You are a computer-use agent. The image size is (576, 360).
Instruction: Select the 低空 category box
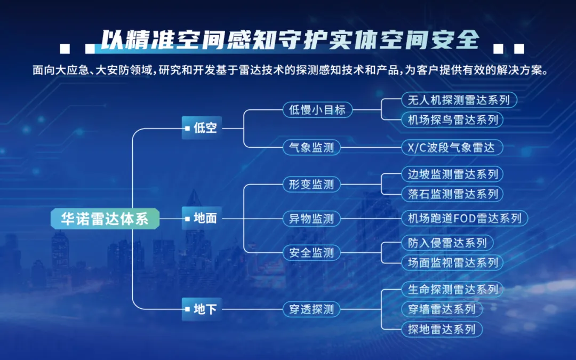202,128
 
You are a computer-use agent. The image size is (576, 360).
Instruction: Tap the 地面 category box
202,218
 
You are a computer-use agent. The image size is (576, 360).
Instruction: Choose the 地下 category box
202,309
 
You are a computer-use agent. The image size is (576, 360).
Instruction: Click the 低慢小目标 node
317,110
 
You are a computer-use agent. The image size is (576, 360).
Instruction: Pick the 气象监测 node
311,147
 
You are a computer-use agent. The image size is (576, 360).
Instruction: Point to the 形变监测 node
311,185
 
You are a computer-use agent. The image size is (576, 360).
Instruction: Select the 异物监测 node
311,218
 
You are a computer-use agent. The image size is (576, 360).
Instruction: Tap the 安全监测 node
311,252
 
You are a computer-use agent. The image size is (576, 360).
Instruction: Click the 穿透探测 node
311,309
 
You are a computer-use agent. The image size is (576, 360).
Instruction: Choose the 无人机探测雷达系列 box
459,100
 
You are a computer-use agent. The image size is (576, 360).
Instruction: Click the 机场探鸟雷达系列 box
452,119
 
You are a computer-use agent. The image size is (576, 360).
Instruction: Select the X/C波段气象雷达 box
452,147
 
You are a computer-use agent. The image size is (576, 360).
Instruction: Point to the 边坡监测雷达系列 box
452,174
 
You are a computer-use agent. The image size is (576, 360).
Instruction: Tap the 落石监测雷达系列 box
452,193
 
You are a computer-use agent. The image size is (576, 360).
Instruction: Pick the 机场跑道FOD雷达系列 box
464,218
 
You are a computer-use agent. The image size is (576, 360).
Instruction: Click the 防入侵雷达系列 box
447,243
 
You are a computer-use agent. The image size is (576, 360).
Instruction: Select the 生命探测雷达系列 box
452,290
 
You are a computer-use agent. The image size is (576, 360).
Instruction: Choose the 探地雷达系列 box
441,329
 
